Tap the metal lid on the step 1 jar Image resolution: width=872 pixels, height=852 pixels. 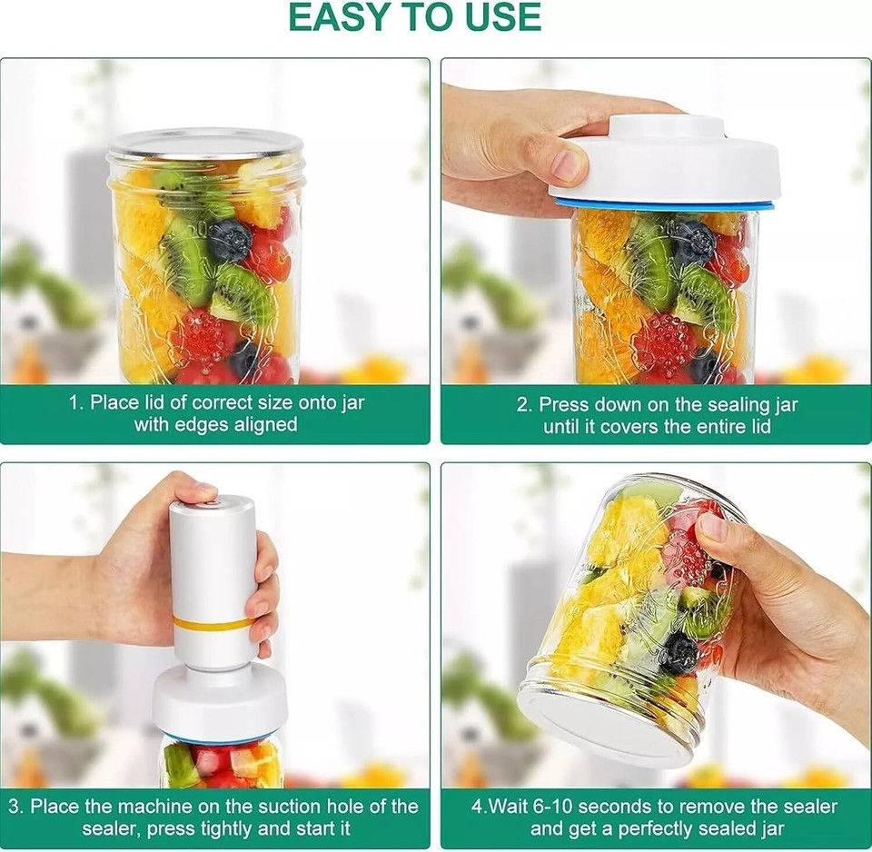pyautogui.click(x=205, y=144)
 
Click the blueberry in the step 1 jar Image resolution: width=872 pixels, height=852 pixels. pyautogui.click(x=230, y=241)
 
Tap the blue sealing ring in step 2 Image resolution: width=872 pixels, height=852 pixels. pyautogui.click(x=664, y=205)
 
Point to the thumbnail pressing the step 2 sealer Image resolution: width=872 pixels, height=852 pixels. pyautogui.click(x=568, y=164)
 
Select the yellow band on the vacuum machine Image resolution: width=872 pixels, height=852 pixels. pyautogui.click(x=213, y=624)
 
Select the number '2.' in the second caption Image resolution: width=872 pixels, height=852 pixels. pyautogui.click(x=524, y=404)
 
